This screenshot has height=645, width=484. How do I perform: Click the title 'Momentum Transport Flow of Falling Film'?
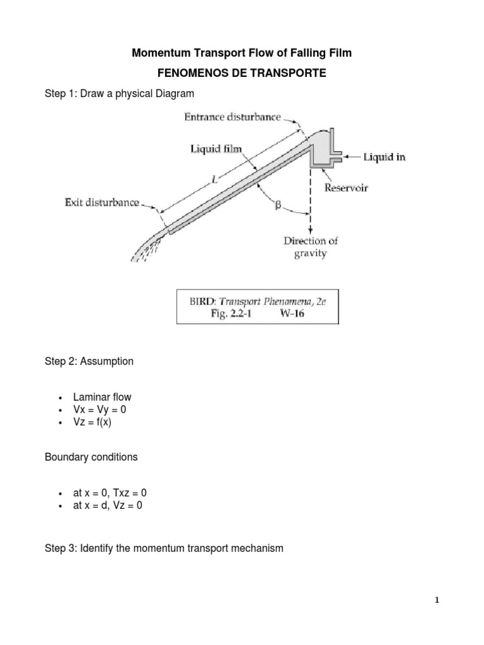click(241, 54)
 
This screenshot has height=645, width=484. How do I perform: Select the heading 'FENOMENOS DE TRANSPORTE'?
click(241, 74)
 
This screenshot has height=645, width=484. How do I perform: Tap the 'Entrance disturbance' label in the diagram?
click(232, 118)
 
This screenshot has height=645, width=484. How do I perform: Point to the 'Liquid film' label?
click(216, 149)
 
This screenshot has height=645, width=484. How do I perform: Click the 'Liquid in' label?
click(384, 157)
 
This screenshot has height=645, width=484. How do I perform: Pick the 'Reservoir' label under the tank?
click(347, 188)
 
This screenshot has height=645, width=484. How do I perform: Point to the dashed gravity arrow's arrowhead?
click(309, 231)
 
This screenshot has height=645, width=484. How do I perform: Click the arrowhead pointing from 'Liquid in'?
click(346, 157)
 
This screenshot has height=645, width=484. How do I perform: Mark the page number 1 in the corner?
click(437, 600)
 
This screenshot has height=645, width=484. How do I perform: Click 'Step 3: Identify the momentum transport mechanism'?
click(164, 549)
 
